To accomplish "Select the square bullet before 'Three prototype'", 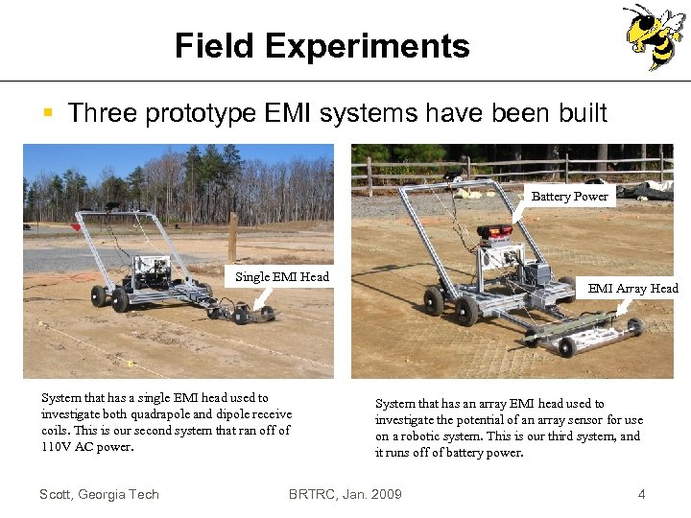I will coord(47,114).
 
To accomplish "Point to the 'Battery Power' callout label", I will coord(569,196).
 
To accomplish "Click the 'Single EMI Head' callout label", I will coord(282,277).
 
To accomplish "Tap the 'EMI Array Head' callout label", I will coord(632,288).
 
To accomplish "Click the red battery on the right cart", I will coord(494,231).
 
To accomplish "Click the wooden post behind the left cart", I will coord(232,236).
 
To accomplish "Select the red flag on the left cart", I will coord(75,227).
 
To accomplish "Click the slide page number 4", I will coord(641,494).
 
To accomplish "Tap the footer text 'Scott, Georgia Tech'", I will coord(99,494).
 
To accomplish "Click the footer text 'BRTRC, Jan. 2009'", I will coord(345,494).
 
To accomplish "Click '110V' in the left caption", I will coord(57,447).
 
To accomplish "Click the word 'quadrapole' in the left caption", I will coord(141,414).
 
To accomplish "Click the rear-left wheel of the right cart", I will coord(435,300).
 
